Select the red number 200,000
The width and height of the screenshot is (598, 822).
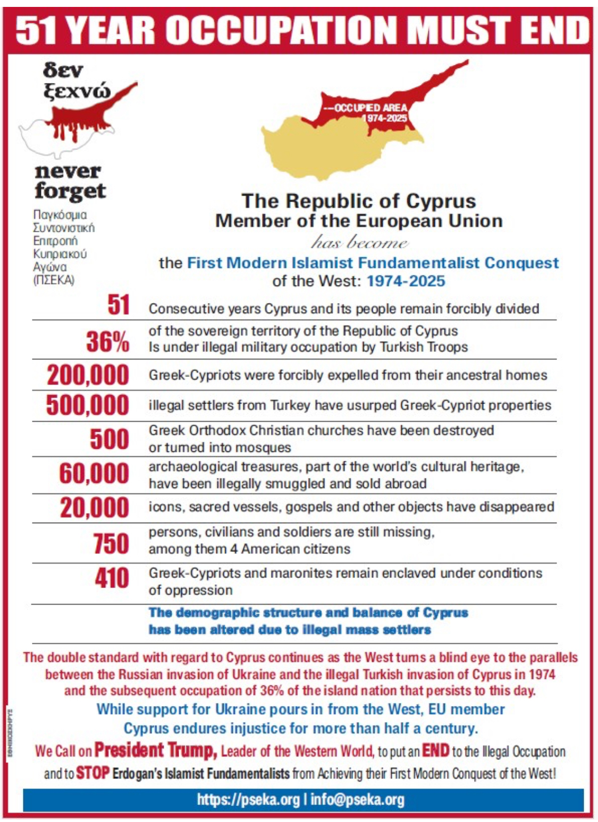point(88,375)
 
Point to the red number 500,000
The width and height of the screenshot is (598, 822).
point(88,405)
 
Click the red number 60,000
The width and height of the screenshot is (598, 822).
point(94,474)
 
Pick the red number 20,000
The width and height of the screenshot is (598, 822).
point(94,508)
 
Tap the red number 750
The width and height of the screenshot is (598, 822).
point(111,543)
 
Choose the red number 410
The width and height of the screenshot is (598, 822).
point(112,578)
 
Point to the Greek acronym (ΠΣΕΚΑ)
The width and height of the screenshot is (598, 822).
point(54,280)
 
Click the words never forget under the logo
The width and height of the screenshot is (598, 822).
point(70,181)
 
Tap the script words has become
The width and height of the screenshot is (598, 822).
point(360,243)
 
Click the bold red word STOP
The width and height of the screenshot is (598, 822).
point(92,773)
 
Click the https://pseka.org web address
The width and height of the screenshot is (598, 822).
point(248,800)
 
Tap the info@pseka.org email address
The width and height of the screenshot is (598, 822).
point(357,800)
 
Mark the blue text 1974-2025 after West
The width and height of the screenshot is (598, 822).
point(406,281)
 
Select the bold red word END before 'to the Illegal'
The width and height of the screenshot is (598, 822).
point(435,750)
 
